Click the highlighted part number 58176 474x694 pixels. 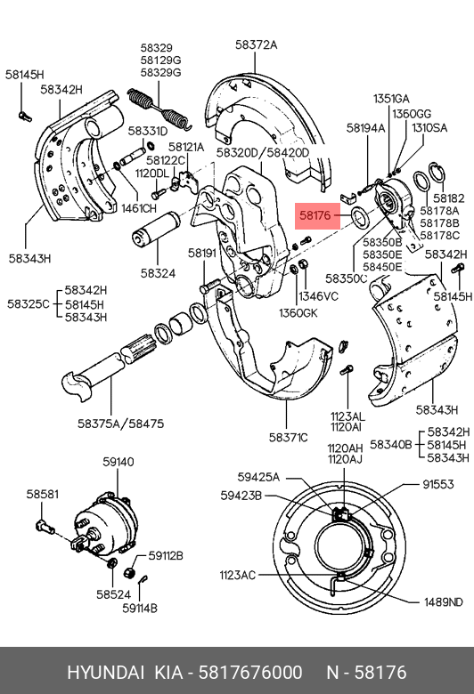click(315, 215)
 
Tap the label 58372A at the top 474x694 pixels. click(256, 44)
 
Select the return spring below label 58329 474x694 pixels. click(160, 109)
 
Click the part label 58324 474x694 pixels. click(158, 273)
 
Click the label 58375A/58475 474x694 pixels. click(120, 424)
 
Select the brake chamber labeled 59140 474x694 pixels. click(104, 525)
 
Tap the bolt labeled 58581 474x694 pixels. click(45, 527)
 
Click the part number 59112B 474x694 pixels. click(166, 555)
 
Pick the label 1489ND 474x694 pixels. click(444, 602)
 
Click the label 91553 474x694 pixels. click(438, 484)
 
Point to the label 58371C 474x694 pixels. click(288, 438)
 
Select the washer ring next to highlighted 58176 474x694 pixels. click(359, 216)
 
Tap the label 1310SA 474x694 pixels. click(429, 128)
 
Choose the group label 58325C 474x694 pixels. click(29, 304)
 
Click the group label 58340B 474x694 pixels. click(390, 444)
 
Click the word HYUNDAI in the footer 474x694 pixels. click(105, 673)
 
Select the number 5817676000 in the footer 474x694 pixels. click(250, 673)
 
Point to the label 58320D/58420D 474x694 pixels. click(263, 153)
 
